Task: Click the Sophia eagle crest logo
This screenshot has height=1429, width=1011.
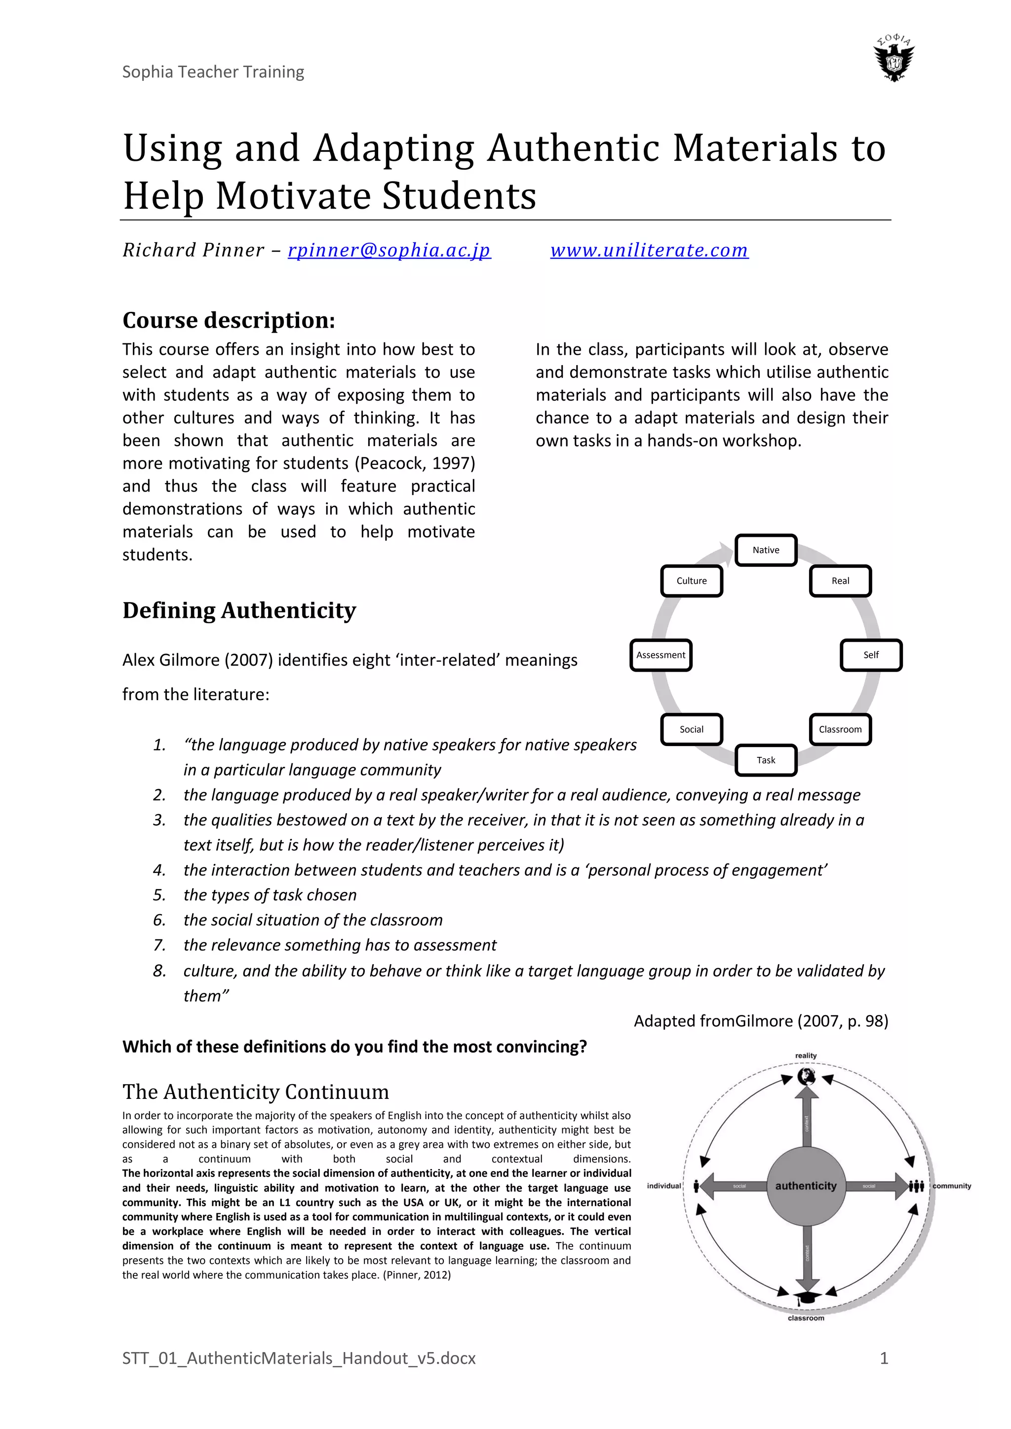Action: click(x=894, y=59)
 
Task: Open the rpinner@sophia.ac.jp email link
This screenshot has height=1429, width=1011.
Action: click(x=389, y=250)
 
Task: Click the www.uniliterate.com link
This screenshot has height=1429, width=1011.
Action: click(x=649, y=250)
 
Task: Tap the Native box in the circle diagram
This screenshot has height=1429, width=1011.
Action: click(x=766, y=550)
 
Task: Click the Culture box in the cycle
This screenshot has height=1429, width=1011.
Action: click(x=692, y=581)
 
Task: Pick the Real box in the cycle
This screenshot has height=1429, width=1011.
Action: click(x=840, y=581)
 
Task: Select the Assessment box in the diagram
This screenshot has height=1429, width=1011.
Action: click(x=661, y=655)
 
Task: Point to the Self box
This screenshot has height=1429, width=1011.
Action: click(x=870, y=655)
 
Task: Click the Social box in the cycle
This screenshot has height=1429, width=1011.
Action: click(x=692, y=729)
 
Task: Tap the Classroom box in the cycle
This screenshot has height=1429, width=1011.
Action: click(x=840, y=729)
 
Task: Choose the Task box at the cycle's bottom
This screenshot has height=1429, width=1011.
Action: click(x=766, y=760)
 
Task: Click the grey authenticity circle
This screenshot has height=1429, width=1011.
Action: click(x=806, y=1186)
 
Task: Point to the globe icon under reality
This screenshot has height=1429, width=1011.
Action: click(x=806, y=1076)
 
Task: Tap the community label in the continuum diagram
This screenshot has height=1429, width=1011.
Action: click(x=951, y=1186)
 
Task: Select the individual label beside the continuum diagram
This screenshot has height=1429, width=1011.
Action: click(x=663, y=1186)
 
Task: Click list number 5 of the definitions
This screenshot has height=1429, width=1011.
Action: click(x=159, y=895)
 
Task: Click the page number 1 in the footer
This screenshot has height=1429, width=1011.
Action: click(x=883, y=1358)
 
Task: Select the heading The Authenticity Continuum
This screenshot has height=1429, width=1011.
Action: click(x=255, y=1091)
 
